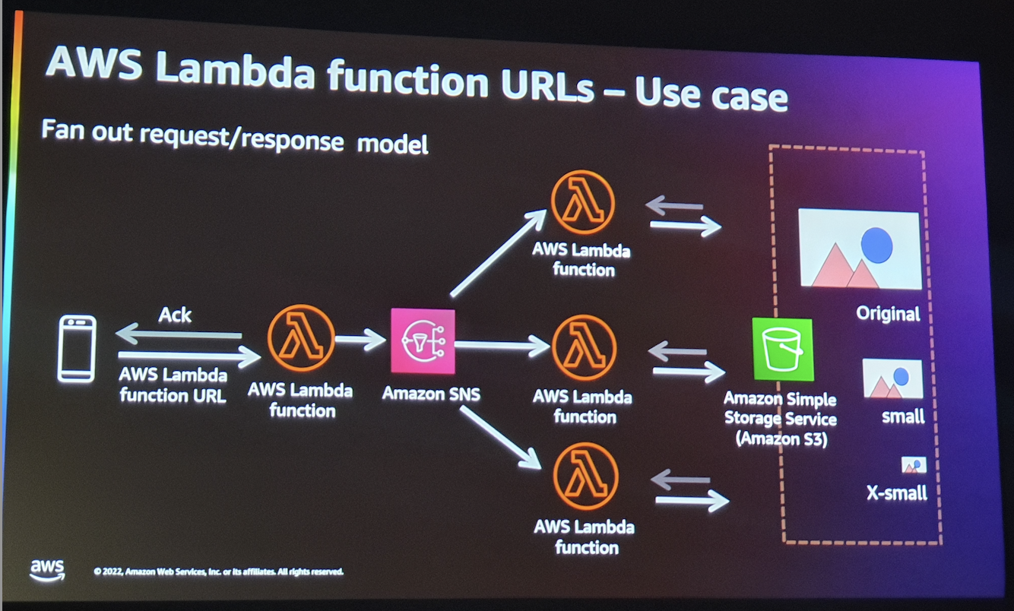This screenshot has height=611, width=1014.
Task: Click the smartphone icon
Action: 77,348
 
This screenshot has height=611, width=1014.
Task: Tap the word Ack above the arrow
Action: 175,315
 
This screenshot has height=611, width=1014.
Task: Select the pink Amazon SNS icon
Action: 423,341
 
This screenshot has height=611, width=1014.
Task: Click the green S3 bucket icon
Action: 782,350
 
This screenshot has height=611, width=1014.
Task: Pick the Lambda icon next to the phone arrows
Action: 301,340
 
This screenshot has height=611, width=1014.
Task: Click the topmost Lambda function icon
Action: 583,202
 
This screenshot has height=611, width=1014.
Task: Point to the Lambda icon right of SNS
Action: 583,347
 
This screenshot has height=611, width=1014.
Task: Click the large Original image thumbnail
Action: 859,249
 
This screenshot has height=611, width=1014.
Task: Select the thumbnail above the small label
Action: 892,379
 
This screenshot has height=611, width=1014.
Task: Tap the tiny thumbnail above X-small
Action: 914,465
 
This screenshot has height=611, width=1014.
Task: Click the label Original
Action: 888,313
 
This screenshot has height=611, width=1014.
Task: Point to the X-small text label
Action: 897,493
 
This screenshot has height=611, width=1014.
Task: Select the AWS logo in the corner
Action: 47,570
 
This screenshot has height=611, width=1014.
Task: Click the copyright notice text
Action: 218,571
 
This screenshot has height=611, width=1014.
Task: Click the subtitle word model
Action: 392,143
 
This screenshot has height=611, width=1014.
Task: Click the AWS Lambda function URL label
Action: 173,385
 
